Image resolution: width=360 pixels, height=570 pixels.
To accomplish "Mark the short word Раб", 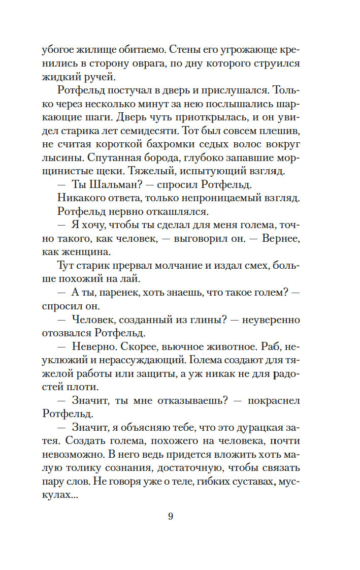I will [x=271, y=347].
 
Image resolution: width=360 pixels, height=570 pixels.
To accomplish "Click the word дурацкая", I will [x=263, y=428].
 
